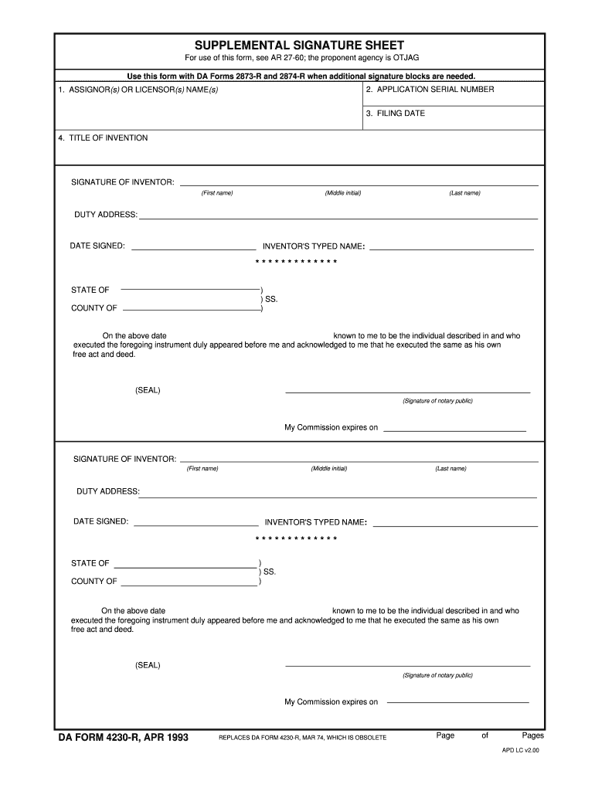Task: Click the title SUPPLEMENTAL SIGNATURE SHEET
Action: (x=299, y=46)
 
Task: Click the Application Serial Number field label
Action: (x=430, y=90)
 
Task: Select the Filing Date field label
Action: (x=395, y=114)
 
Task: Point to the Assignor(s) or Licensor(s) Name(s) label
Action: (x=138, y=90)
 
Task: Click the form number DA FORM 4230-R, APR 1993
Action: (x=124, y=737)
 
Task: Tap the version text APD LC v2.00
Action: (x=520, y=749)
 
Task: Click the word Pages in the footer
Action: (x=532, y=735)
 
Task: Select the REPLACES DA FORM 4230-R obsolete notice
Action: (x=302, y=738)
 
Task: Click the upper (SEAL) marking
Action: (x=148, y=390)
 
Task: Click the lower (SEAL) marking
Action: (x=148, y=665)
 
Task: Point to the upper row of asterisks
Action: (x=297, y=262)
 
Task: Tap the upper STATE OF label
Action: (x=90, y=290)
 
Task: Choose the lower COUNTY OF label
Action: (x=94, y=582)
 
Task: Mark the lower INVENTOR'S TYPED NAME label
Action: (x=315, y=522)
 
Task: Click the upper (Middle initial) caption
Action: (x=343, y=193)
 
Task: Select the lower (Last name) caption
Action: (x=450, y=469)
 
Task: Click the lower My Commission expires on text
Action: (x=331, y=702)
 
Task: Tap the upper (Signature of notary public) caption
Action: (x=437, y=401)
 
